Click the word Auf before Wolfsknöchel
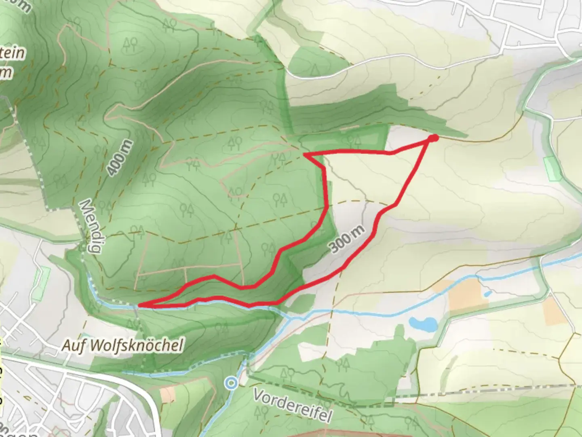coord(74,346)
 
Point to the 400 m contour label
coord(120,157)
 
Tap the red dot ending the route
coord(433,138)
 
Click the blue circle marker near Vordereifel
coord(231,382)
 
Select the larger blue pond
coord(423,324)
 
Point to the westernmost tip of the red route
coord(140,305)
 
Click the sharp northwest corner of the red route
coord(305,154)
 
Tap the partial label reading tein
coord(13,53)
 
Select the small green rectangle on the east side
coord(553,168)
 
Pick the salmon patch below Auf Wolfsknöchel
coord(168,394)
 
